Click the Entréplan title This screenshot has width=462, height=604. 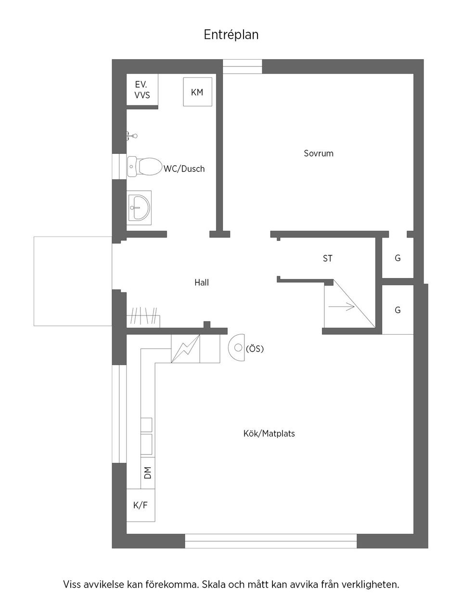(x=231, y=35)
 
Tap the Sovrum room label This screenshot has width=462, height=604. (x=318, y=153)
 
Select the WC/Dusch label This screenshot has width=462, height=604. (x=184, y=169)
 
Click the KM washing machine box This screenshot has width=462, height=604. (x=197, y=92)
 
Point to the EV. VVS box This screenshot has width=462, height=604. (x=142, y=90)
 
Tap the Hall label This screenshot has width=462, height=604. (x=201, y=283)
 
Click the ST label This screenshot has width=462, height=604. (x=327, y=259)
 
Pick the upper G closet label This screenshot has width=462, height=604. (x=398, y=258)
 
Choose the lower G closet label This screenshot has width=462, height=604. (x=398, y=310)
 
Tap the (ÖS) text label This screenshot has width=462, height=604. (x=255, y=349)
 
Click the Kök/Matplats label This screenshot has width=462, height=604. (x=269, y=433)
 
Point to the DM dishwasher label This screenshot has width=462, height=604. (x=147, y=472)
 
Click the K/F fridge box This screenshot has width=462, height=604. (x=141, y=505)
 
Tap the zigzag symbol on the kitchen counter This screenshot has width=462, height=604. (x=185, y=349)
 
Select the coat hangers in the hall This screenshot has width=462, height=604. (x=143, y=317)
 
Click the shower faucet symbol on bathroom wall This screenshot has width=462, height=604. (x=131, y=136)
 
